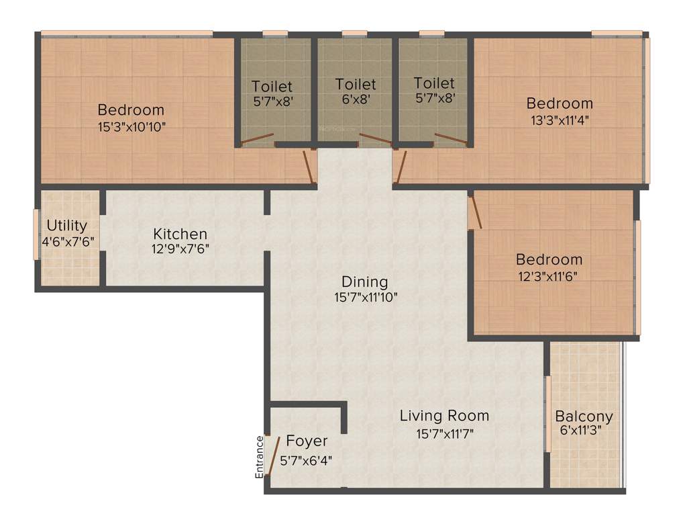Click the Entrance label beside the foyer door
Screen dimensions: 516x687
260,458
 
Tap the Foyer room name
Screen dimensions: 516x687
307,441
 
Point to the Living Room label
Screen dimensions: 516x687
444,416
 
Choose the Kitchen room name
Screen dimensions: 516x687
180,234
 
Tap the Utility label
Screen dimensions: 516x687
66,225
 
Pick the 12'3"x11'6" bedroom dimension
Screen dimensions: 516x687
549,275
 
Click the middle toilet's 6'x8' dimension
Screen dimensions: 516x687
356,98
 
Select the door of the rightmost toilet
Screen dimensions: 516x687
451,139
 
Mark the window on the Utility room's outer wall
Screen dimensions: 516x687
37,234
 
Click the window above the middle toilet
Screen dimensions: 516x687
354,33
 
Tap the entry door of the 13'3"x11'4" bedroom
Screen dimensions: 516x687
401,167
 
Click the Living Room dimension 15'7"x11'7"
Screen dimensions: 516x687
444,433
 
